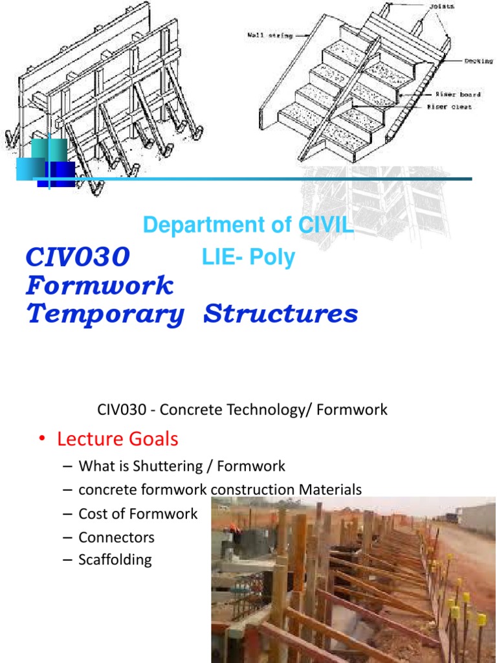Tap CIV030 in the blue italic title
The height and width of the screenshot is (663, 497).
(x=78, y=257)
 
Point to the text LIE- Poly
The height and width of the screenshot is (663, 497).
(x=248, y=258)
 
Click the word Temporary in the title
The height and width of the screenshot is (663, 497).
(x=105, y=314)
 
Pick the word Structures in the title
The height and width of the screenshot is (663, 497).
(x=280, y=314)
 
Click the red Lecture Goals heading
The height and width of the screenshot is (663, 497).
(x=117, y=439)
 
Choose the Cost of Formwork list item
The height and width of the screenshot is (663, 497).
(x=138, y=513)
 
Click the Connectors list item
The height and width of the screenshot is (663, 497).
(x=116, y=537)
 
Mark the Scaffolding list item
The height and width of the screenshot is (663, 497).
(x=115, y=559)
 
